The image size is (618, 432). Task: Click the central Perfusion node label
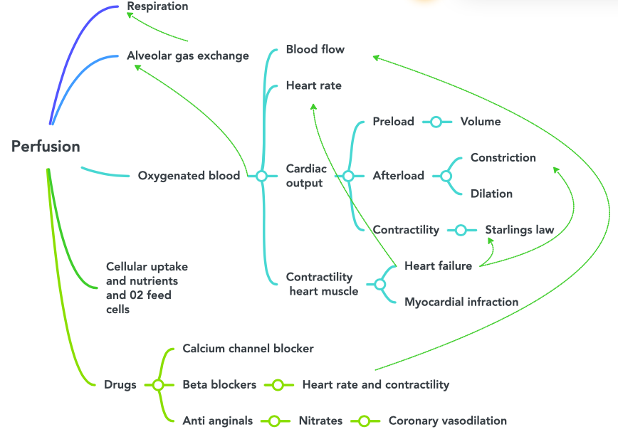46,147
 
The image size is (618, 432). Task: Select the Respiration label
157,6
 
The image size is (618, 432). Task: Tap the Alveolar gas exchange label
188,56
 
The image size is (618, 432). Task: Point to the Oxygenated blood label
189,176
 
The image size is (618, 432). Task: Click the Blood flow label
315,50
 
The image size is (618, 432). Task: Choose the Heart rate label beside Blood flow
313,85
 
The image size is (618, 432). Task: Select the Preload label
393,122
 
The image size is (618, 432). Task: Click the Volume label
480,122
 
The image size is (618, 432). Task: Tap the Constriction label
503,158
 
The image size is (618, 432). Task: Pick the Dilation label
491,194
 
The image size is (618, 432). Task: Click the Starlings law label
519,230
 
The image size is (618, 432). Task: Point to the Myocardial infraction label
461,302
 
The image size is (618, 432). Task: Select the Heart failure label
438,266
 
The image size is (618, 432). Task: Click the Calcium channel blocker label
248,349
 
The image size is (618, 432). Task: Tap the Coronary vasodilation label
447,421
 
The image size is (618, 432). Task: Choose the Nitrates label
320,421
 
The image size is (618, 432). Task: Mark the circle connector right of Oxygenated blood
261,176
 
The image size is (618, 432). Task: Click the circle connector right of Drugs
158,384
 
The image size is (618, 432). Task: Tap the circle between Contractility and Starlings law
461,230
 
